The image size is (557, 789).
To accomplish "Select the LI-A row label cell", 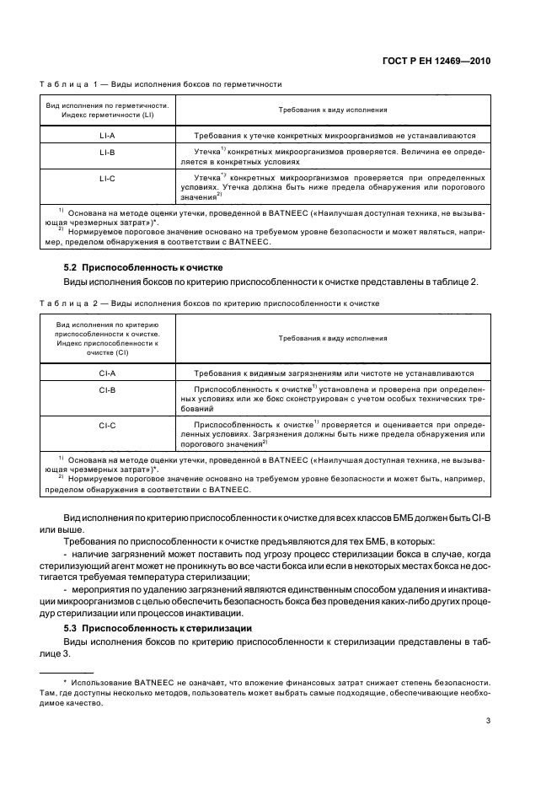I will click(107, 135).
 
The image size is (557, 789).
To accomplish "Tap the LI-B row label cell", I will click(107, 153).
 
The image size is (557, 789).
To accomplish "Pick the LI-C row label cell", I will click(107, 180).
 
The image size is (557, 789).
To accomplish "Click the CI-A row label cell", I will click(107, 373).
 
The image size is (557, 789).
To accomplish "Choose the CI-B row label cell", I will click(107, 390).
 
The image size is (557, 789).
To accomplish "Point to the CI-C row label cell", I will click(107, 426).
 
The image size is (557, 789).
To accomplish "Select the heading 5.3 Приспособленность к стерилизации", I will click(153, 628).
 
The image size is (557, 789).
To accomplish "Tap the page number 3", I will click(488, 721).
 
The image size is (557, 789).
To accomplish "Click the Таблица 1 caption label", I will click(71, 84).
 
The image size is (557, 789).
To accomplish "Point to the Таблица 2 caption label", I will click(71, 303).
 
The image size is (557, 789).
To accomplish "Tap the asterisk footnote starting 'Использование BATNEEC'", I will click(278, 688).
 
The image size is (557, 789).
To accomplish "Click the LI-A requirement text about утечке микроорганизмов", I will click(335, 135).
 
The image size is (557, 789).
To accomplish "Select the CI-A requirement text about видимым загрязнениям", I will click(335, 373).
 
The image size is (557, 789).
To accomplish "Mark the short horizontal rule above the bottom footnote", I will click(67, 671).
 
